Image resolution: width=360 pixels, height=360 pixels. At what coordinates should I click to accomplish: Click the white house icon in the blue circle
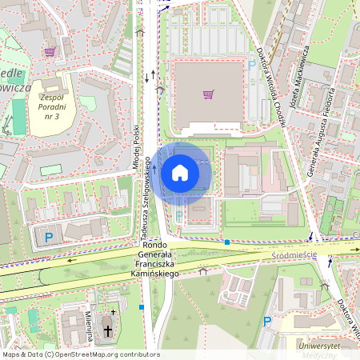pos(180,172)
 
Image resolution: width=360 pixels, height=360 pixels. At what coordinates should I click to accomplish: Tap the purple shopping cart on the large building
pos(208,94)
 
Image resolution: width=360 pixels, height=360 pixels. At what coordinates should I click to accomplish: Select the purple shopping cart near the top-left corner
pos(50,52)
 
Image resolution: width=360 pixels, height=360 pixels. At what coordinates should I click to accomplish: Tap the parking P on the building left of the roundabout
pos(49,237)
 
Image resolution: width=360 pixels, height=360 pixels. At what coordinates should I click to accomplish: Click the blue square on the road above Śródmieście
pos(227,242)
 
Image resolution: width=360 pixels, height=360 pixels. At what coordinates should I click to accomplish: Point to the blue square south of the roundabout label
pos(142,306)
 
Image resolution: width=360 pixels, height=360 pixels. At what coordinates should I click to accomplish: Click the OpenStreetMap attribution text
pos(80,354)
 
